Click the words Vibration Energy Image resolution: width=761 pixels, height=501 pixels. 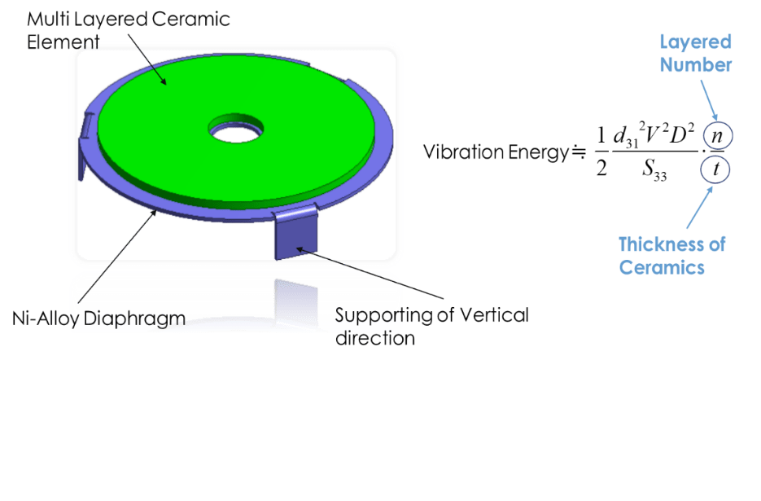pos(495,152)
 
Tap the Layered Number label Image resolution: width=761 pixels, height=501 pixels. pos(696,54)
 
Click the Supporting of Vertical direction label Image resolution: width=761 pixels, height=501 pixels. pos(431,326)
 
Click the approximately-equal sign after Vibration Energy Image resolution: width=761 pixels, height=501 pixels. pos(579,152)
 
